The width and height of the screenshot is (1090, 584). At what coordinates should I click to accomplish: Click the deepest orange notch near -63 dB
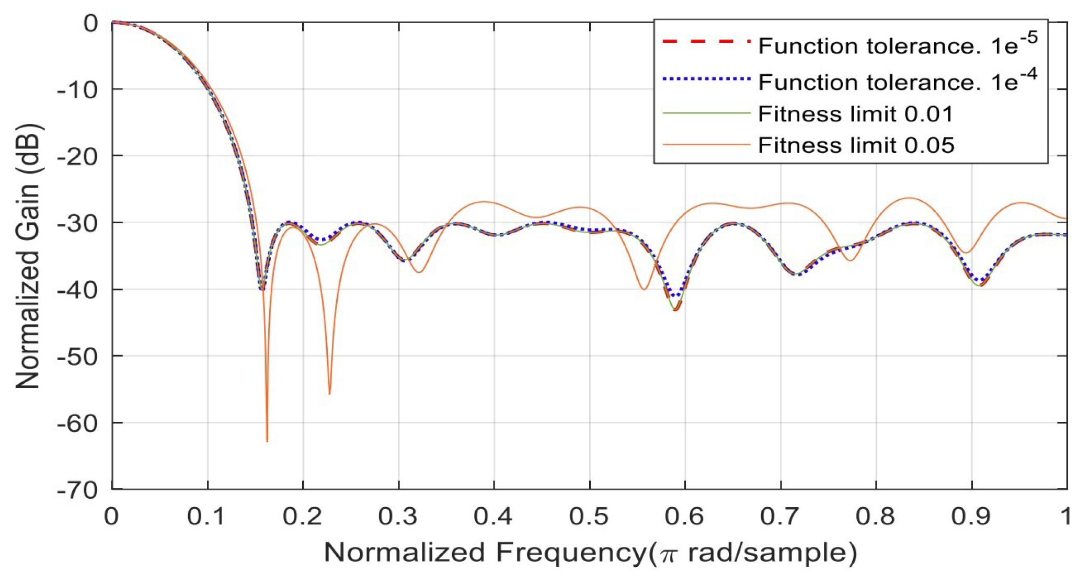(x=267, y=440)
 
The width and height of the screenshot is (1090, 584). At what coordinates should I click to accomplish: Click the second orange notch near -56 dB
(x=329, y=393)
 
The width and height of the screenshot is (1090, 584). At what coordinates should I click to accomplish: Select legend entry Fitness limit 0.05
(x=856, y=145)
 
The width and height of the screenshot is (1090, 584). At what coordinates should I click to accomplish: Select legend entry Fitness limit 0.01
(x=855, y=114)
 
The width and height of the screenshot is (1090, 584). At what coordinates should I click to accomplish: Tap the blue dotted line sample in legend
(x=706, y=79)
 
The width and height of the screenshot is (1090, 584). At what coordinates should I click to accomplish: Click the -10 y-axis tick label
(x=77, y=90)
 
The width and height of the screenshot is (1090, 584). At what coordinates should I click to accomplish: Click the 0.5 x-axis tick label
(x=589, y=517)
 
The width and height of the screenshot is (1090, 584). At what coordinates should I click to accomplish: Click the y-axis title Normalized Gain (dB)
(x=27, y=256)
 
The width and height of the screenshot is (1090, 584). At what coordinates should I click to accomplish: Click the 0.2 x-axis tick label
(x=303, y=517)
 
